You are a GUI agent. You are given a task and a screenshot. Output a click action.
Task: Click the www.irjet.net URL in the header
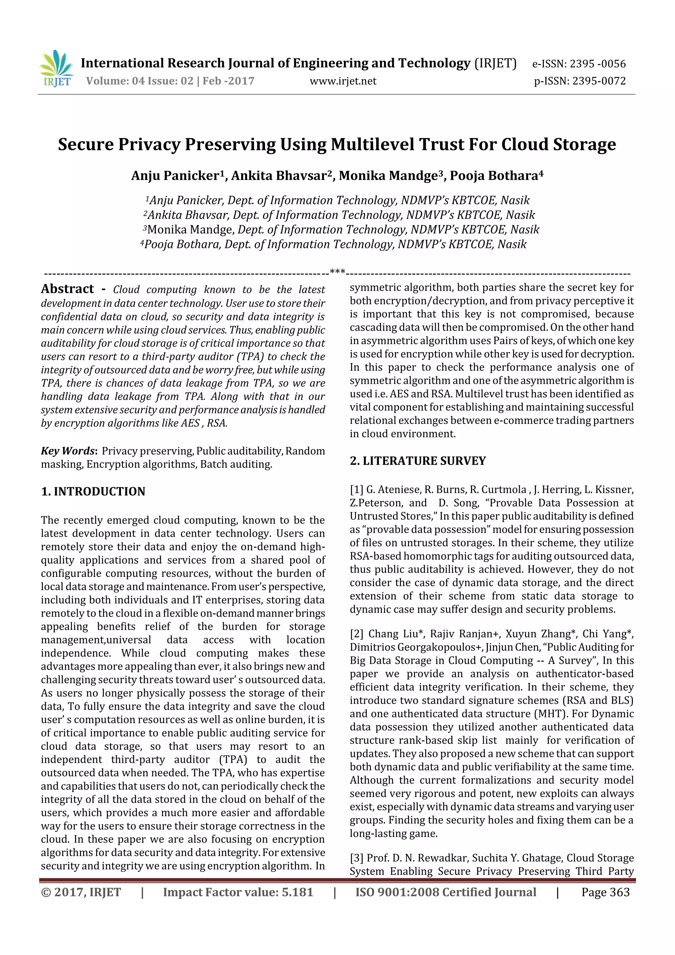coord(343,81)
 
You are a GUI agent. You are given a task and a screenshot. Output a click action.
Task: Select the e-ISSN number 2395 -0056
coord(597,64)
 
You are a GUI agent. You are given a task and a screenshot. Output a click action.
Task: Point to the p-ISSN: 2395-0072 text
coord(580,81)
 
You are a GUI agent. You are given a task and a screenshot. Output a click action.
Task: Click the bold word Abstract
coord(67,289)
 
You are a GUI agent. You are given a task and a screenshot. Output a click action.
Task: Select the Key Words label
coord(68,451)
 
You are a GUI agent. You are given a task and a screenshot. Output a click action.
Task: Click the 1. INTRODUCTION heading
coord(93,491)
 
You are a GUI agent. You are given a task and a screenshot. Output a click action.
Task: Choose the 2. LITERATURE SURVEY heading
coord(418,461)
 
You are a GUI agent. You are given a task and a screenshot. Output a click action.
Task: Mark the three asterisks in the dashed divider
coord(337,272)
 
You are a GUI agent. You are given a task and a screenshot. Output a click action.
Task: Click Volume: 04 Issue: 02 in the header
coord(140,81)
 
